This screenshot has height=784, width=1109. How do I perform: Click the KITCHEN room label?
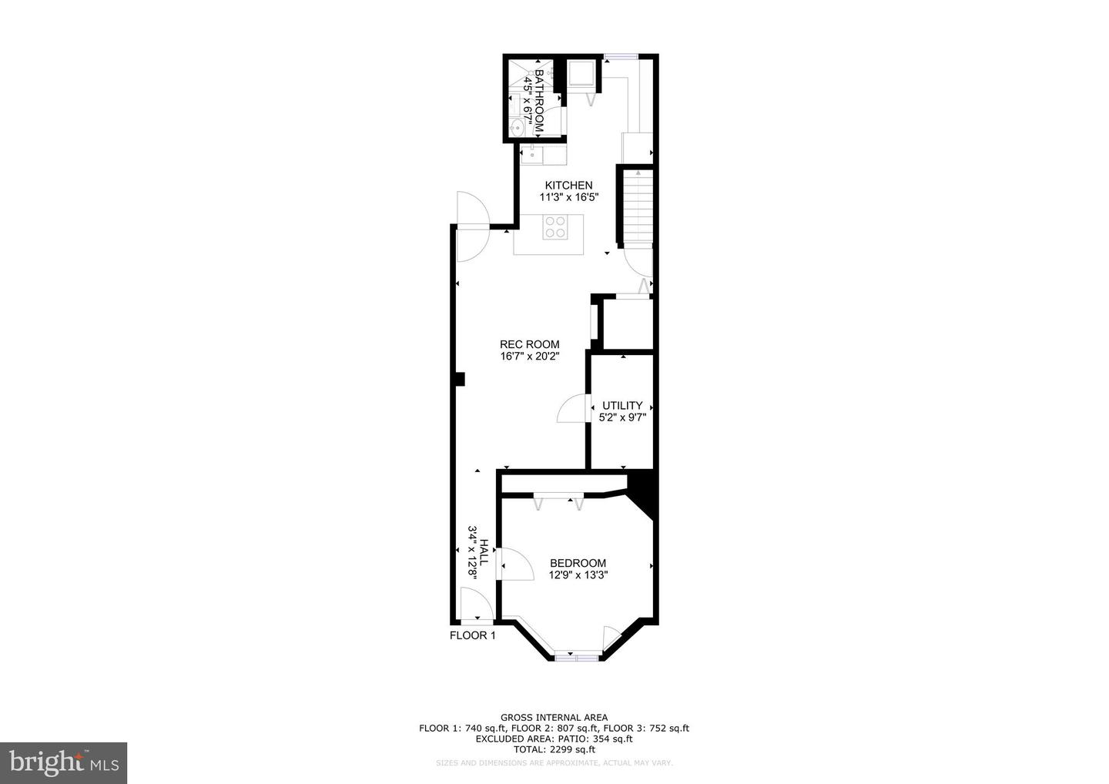point(568,185)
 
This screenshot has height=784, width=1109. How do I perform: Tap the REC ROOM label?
point(529,344)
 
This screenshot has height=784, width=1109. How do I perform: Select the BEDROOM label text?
point(578,563)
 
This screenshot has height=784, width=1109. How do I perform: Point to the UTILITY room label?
point(622,405)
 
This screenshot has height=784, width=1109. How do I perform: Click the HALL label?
point(484,552)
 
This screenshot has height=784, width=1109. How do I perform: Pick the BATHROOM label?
point(539,101)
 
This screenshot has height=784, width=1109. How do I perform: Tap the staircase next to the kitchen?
point(638,206)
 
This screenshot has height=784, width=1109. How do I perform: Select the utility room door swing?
point(572,408)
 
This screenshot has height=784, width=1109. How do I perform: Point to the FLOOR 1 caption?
point(472,635)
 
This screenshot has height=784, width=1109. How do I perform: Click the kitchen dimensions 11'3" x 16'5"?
point(569,197)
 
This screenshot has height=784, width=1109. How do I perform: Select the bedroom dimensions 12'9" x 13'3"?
point(578,575)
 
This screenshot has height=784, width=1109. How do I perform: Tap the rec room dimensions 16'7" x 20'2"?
point(530,357)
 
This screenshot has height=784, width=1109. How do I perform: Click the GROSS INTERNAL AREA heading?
point(554,717)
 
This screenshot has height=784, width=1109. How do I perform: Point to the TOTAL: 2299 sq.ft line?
point(554,749)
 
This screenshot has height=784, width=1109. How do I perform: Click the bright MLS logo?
point(63,762)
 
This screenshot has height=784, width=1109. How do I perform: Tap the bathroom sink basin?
point(518,128)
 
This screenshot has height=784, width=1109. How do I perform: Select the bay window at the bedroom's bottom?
point(577,657)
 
